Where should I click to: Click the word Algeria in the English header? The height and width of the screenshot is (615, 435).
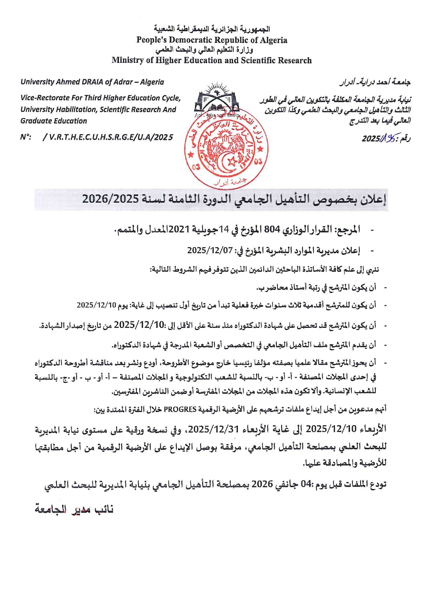(272, 40)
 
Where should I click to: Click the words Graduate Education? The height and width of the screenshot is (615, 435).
(54, 121)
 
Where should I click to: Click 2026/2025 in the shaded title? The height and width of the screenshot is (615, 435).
(111, 199)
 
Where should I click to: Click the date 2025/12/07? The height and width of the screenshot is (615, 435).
(210, 250)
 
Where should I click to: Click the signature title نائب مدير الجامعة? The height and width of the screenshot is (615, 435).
(74, 509)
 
